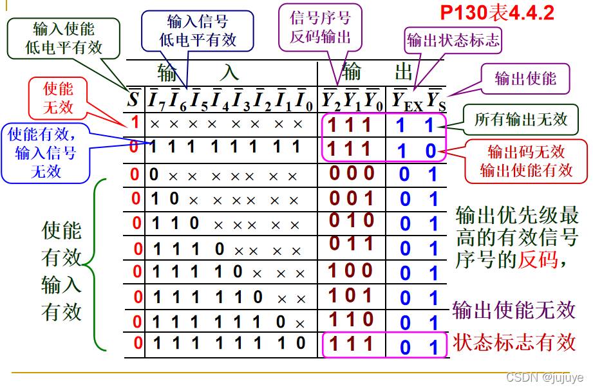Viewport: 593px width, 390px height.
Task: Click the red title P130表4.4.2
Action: (497, 13)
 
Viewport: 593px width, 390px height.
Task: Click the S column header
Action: (133, 99)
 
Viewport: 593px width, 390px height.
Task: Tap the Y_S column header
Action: (436, 100)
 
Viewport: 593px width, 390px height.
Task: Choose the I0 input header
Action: (304, 100)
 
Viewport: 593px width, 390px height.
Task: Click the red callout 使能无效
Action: (58, 98)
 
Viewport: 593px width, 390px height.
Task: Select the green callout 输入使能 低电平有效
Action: (64, 39)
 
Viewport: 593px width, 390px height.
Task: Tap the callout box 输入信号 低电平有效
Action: (198, 31)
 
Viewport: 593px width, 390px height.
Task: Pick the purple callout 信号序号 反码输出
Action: (321, 28)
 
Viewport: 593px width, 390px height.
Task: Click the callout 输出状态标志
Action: (453, 40)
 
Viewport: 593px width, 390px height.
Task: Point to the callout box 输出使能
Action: (525, 79)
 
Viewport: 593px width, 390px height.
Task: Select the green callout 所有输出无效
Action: (521, 120)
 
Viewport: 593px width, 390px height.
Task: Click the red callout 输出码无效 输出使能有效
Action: (526, 162)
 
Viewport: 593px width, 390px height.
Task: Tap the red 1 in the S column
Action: (135, 122)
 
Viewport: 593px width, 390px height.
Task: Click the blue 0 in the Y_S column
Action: (431, 151)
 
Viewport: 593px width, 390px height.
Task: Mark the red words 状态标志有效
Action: (514, 342)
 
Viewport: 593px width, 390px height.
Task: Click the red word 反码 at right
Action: (538, 259)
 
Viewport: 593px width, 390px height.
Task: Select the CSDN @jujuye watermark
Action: (545, 377)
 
